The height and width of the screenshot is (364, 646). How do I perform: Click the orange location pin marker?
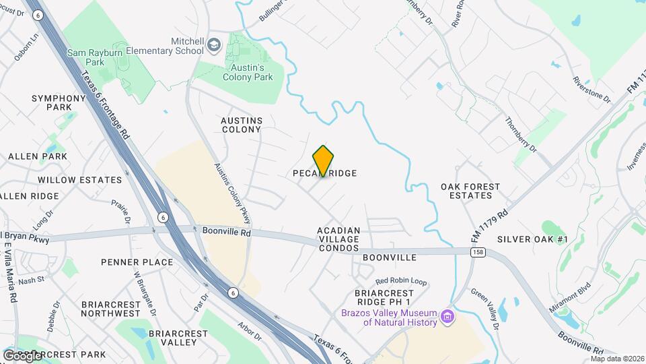[x=324, y=160]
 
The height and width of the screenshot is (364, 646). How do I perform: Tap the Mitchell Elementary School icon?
[x=214, y=45]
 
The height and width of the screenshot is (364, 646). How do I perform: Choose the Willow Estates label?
[x=80, y=180]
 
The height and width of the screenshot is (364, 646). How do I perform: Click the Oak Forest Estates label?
[x=470, y=191]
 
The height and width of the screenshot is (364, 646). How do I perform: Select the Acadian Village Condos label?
[x=339, y=239]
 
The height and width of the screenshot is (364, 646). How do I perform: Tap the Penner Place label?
[x=137, y=262]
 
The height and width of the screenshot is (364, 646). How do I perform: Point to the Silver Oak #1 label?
[x=533, y=239]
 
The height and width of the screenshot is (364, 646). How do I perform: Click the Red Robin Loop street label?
[x=401, y=280]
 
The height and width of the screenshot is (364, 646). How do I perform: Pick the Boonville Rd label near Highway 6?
[x=226, y=231]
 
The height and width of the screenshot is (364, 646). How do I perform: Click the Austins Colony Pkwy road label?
[x=233, y=193]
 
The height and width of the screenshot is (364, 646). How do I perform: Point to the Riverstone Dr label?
[x=591, y=89]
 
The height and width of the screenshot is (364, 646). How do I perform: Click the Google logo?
[x=22, y=355]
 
